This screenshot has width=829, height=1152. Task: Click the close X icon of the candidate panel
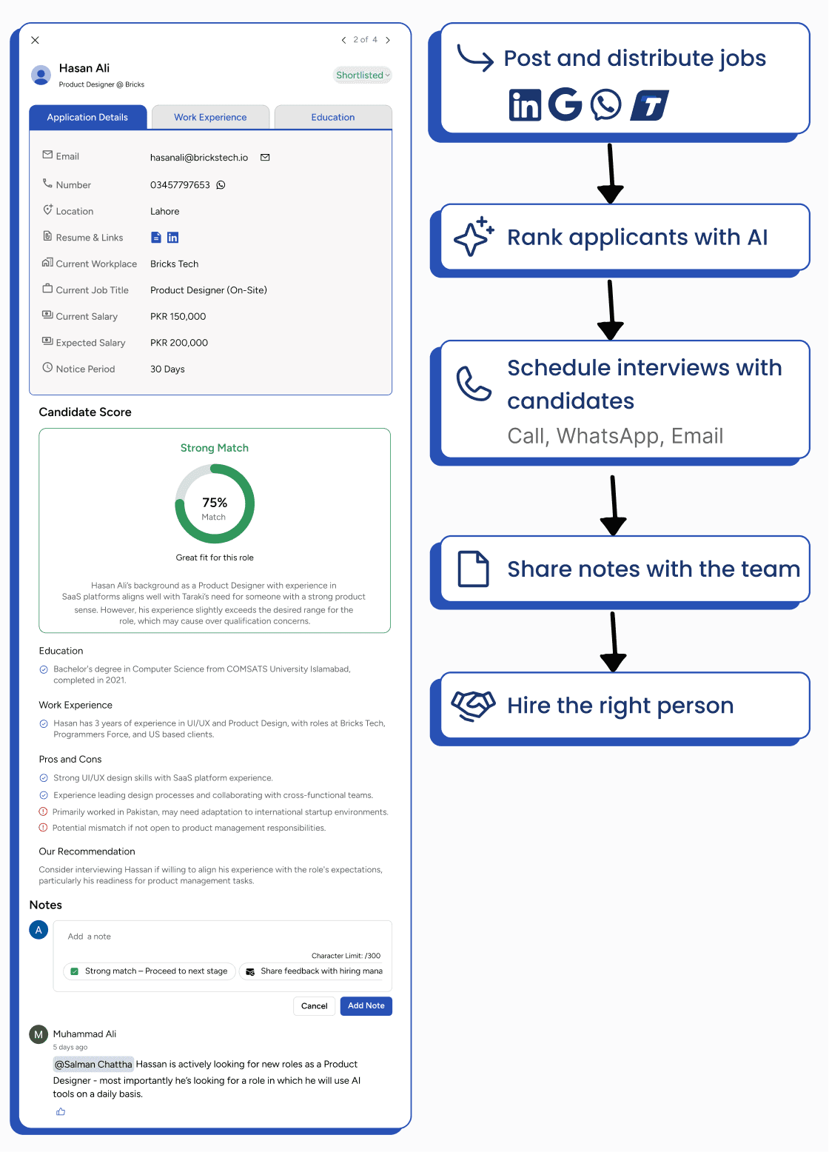(x=35, y=40)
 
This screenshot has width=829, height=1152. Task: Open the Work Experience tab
(x=210, y=117)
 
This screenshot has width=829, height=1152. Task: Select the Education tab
(x=332, y=117)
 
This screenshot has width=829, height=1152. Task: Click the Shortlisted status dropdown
(x=362, y=75)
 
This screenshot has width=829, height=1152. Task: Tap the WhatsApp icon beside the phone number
(x=221, y=185)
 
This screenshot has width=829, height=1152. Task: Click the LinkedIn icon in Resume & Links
(x=172, y=238)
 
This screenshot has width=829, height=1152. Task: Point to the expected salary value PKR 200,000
(x=179, y=343)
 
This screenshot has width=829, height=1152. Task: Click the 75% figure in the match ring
(x=215, y=503)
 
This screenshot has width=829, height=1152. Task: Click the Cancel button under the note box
(x=314, y=1006)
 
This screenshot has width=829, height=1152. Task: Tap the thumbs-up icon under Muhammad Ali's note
(x=61, y=1111)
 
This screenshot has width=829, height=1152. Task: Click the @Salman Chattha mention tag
(x=93, y=1064)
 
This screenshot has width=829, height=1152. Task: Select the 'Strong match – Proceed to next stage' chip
(x=149, y=971)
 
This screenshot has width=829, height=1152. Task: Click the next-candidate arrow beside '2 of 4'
(x=388, y=40)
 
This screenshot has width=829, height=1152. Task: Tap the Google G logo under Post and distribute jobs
(x=565, y=104)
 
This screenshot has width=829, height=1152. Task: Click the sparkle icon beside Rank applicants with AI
(x=474, y=237)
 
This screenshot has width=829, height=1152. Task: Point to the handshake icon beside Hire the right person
(x=473, y=705)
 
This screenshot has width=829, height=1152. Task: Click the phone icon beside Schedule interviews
(x=473, y=383)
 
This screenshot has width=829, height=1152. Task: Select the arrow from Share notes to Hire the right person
(x=613, y=640)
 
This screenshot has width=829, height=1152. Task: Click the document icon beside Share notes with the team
(x=473, y=569)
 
